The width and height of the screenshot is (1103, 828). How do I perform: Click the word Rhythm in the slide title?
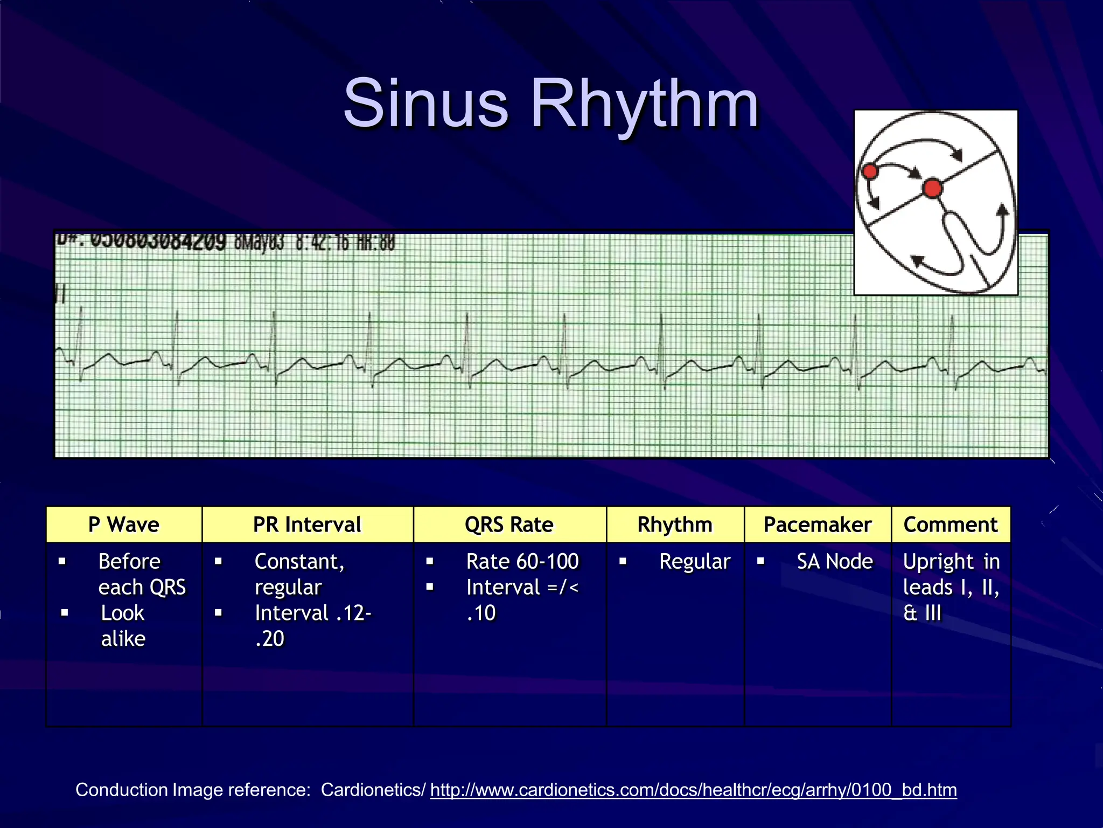pos(645,103)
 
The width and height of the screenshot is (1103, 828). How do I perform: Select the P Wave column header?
pos(124,525)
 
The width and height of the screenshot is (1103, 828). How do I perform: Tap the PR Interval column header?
pos(308,525)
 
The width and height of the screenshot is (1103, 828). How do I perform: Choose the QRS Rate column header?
pos(509,525)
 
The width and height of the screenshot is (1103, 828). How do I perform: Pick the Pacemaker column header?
pos(818,525)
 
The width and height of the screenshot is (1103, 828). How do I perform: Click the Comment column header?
pos(951,525)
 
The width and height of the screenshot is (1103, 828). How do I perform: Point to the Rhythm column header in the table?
pos(675,525)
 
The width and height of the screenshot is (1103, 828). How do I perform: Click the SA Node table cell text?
pos(835,562)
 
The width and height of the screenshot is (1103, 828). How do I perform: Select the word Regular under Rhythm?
pos(695,562)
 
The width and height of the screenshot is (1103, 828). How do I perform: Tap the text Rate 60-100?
pos(522,562)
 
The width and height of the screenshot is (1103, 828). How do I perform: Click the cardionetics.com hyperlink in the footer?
pos(694,790)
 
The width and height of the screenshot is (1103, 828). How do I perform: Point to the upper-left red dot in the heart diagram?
pos(870,172)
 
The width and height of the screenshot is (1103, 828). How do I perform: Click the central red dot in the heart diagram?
pos(932,189)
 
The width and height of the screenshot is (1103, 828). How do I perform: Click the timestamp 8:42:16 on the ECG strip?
pos(322,243)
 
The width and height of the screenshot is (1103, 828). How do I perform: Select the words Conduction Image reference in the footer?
pos(193,790)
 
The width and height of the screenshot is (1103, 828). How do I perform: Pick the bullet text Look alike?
pos(123,626)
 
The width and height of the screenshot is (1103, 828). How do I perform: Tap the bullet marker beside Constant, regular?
pos(218,561)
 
